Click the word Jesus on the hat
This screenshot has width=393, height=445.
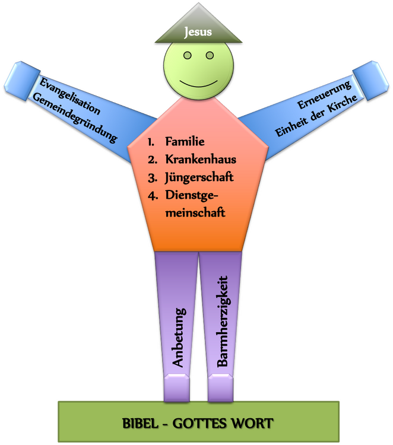pyautogui.click(x=198, y=32)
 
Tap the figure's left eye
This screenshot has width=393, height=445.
pyautogui.click(x=188, y=55)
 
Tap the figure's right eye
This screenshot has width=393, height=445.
pyautogui.click(x=210, y=55)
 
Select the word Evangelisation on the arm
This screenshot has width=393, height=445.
pyautogui.click(x=70, y=96)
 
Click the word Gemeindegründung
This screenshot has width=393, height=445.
pyautogui.click(x=75, y=117)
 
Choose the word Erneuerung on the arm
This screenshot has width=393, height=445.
pyautogui.click(x=324, y=94)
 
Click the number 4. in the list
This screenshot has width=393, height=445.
pyautogui.click(x=153, y=196)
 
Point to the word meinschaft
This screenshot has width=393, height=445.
pyautogui.click(x=195, y=212)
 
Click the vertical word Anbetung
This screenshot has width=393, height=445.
pyautogui.click(x=179, y=338)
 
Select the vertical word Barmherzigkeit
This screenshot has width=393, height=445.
pyautogui.click(x=223, y=321)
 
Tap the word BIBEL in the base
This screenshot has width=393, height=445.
pyautogui.click(x=140, y=424)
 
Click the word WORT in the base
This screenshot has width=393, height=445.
pyautogui.click(x=252, y=424)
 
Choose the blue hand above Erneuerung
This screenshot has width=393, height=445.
pyautogui.click(x=370, y=81)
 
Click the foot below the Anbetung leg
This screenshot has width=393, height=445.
pyautogui.click(x=177, y=387)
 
